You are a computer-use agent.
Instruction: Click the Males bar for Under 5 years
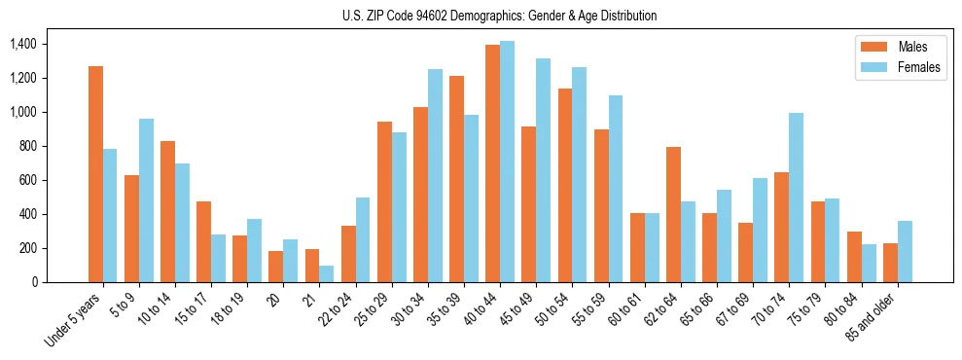[95, 174]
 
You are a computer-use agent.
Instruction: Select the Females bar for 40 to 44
[507, 162]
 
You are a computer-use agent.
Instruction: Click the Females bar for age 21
[327, 273]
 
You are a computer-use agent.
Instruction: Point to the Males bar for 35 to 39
[456, 179]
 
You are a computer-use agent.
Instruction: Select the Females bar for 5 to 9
[146, 200]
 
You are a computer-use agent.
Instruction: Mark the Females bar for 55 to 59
[615, 189]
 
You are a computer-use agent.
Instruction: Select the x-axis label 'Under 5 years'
[73, 320]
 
